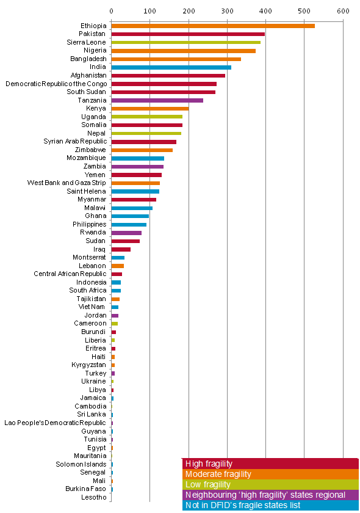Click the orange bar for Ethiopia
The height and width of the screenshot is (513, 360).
click(x=213, y=26)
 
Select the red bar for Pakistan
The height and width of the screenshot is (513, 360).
click(x=188, y=34)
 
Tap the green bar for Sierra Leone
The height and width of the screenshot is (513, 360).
click(x=185, y=43)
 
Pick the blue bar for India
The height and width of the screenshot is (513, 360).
click(x=171, y=67)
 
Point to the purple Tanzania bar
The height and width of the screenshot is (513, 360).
click(x=157, y=100)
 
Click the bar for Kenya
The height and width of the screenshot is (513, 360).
click(x=150, y=109)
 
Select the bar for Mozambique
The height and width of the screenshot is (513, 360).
click(x=138, y=158)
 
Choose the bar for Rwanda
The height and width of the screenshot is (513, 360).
click(x=126, y=233)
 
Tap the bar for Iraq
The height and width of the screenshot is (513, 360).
click(x=121, y=249)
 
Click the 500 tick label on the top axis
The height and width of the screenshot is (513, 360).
click(x=304, y=11)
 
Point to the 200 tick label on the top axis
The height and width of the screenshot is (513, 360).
click(x=189, y=11)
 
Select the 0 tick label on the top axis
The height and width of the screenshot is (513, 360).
click(x=112, y=11)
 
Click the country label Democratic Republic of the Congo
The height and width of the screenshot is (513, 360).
click(x=56, y=84)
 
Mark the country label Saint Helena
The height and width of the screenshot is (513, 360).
click(x=86, y=191)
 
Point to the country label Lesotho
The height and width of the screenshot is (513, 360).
click(x=94, y=497)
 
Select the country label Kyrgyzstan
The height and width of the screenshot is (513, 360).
click(x=88, y=365)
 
